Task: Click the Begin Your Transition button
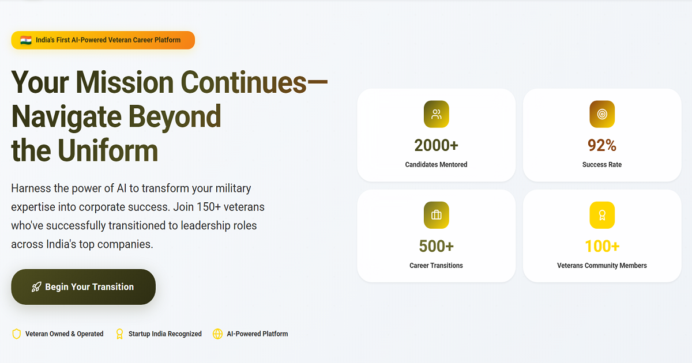coord(83,287)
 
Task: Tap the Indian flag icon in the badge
coord(26,40)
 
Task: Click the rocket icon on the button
coord(36,287)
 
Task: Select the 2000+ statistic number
coord(436,145)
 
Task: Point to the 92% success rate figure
coord(601,145)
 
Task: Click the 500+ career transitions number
coord(436,247)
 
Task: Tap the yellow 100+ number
coord(601,247)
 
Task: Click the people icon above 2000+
coord(436,114)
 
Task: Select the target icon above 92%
coord(601,114)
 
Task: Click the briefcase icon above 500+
coord(436,215)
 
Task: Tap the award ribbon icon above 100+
coord(601,215)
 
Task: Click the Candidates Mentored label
coord(436,165)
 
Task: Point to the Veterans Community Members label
coord(601,266)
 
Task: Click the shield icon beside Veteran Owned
coord(17,334)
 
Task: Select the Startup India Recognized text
coord(165,334)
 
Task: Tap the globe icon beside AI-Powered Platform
coord(217,334)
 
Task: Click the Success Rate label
coord(601,165)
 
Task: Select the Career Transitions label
coord(436,266)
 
